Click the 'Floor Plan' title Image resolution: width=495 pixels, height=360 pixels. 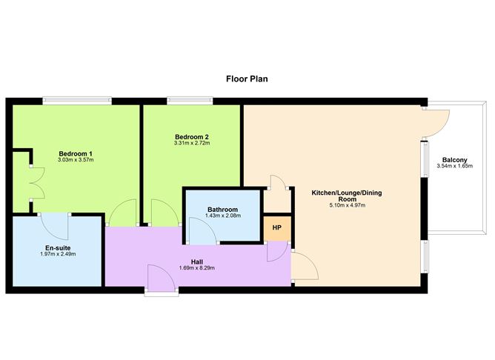click(247, 79)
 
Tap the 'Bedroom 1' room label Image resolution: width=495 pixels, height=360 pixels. click(76, 153)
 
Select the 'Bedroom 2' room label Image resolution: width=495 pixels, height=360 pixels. click(192, 137)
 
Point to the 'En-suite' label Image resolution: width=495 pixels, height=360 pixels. click(58, 248)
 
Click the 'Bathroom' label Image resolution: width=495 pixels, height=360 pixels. click(222, 210)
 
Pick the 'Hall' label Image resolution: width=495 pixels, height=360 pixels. click(197, 262)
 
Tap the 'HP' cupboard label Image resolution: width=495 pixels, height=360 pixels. click(277, 227)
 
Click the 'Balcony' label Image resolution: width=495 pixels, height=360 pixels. click(454, 160)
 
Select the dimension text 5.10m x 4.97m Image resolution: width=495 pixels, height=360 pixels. click(348, 205)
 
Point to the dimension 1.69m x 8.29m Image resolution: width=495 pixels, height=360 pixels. click(196, 268)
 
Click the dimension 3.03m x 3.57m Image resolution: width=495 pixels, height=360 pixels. click(76, 160)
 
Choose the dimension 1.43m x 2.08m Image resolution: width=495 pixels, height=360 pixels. click(223, 216)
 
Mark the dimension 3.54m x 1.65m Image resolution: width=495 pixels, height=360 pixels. click(454, 166)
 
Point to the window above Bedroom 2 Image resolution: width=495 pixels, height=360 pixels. click(190, 101)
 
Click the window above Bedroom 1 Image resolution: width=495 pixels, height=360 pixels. click(77, 101)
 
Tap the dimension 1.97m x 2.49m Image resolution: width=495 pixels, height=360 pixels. click(58, 254)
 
